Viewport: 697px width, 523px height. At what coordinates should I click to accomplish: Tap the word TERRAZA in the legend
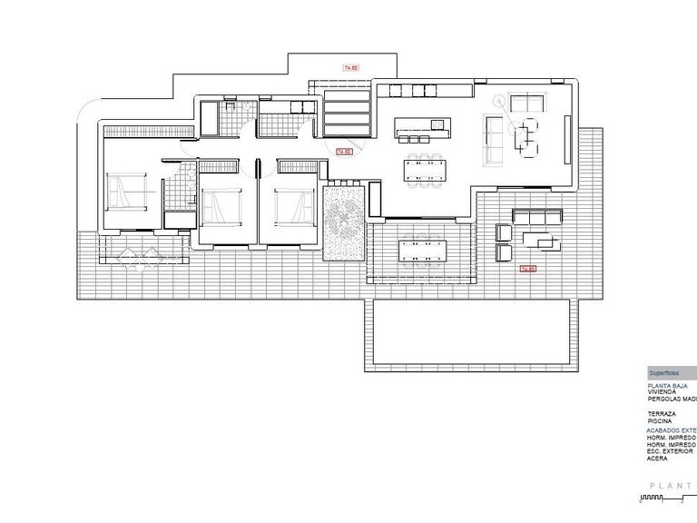(x=663, y=413)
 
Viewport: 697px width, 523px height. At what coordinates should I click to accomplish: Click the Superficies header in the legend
(x=663, y=373)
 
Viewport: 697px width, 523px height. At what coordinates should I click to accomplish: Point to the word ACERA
(x=657, y=459)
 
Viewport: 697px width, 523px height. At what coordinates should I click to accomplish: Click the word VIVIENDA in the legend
(x=663, y=392)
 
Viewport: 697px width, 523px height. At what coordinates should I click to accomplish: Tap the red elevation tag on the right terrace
(x=527, y=269)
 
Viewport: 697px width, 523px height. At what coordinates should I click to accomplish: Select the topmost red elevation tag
(x=350, y=67)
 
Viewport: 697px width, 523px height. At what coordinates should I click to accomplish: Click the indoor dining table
(x=427, y=169)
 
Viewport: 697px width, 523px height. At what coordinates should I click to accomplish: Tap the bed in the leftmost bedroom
(x=123, y=192)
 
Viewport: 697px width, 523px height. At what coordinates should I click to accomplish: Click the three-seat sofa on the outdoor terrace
(x=539, y=216)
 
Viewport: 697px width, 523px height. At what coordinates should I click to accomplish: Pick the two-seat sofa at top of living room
(x=524, y=102)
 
